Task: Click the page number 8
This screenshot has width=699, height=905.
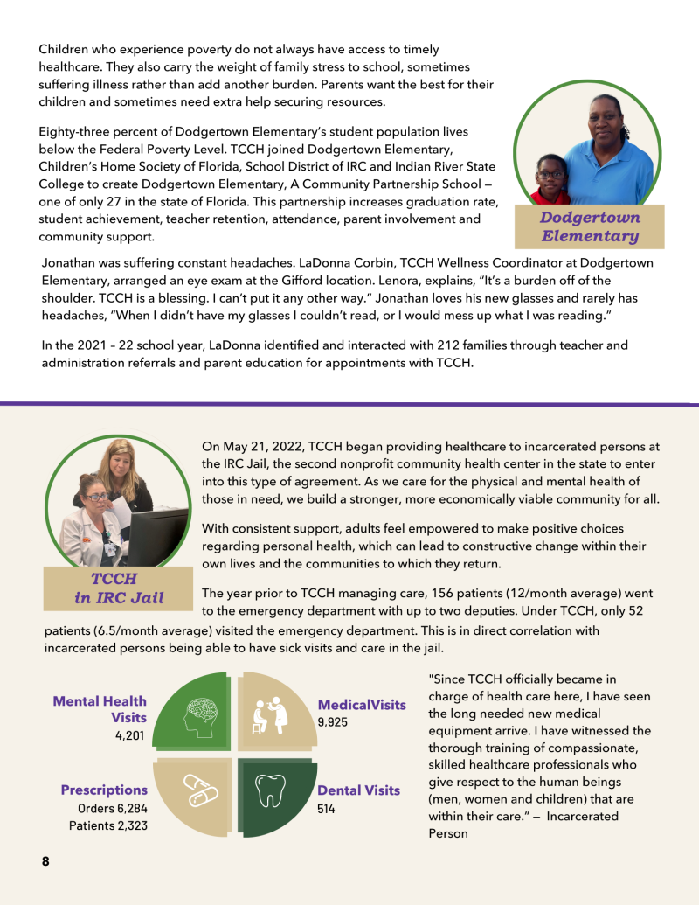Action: click(45, 861)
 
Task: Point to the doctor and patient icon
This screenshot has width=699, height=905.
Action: click(270, 714)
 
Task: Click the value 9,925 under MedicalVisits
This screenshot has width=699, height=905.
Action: click(334, 721)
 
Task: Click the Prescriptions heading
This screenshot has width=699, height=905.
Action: click(104, 790)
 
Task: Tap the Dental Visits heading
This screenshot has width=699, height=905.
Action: click(358, 790)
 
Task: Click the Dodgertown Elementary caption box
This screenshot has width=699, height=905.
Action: click(590, 226)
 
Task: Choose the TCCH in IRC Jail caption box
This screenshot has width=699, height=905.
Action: click(118, 588)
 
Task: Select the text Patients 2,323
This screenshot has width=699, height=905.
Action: click(108, 825)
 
